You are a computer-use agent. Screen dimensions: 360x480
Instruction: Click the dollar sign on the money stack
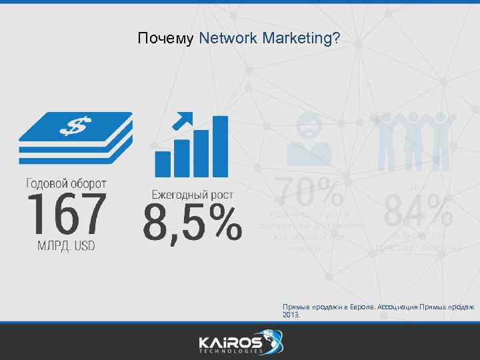pos(75,125)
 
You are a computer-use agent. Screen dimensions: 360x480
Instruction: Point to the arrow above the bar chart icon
pos(182,121)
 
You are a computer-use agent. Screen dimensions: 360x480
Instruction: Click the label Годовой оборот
pos(66,182)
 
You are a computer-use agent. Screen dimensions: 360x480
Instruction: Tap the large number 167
pos(66,215)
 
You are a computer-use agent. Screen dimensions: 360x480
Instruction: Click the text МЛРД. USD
pos(66,245)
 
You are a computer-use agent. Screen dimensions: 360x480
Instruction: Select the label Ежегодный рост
pos(192,195)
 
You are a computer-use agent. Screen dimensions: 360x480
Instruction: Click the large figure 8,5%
pos(192,224)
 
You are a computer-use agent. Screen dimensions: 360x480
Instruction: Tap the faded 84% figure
pos(419,211)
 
